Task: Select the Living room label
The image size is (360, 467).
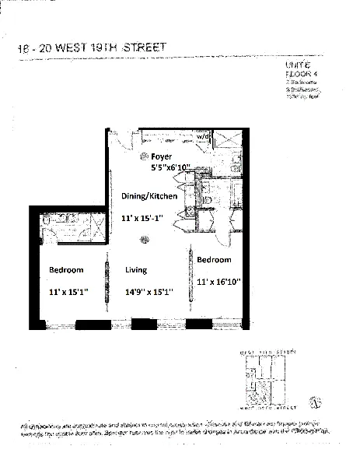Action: (x=136, y=269)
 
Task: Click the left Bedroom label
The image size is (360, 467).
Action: (x=67, y=269)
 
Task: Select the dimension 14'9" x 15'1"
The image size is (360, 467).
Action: (x=149, y=292)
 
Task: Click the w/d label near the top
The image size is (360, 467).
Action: (x=204, y=136)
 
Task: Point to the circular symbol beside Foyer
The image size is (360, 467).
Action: (x=144, y=156)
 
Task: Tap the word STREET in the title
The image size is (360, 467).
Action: (x=145, y=49)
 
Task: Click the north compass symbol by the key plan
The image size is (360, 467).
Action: (x=315, y=402)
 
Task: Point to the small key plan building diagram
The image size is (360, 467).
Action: (x=267, y=382)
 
